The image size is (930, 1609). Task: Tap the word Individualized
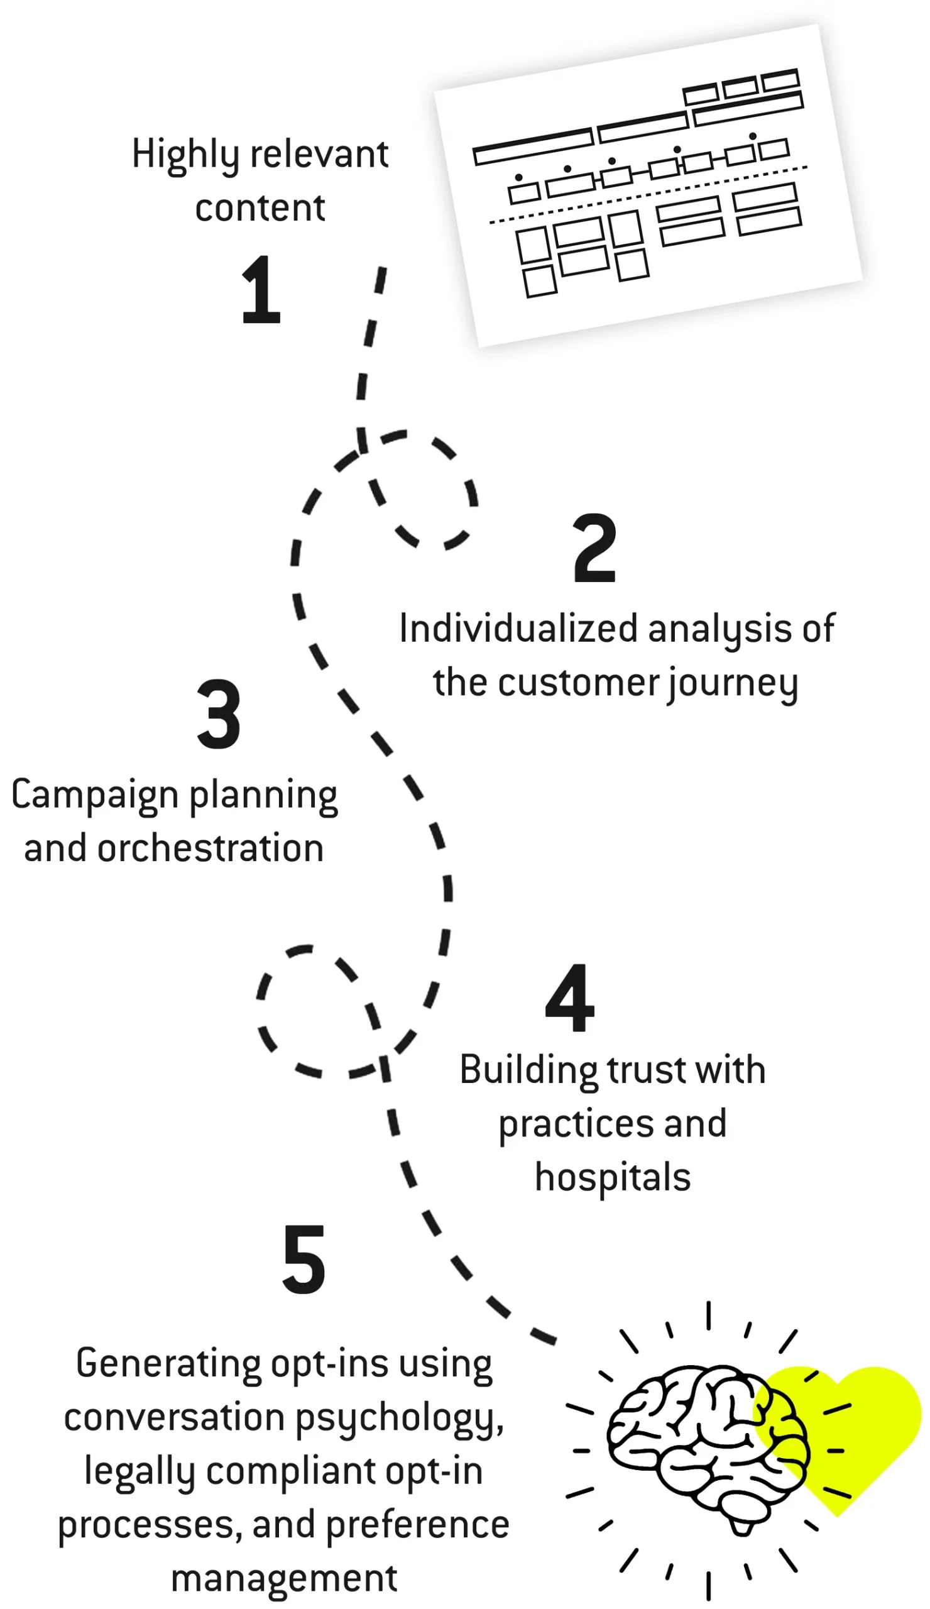pyautogui.click(x=518, y=629)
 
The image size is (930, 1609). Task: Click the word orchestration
pyautogui.click(x=210, y=848)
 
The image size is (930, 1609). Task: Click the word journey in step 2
pyautogui.click(x=731, y=684)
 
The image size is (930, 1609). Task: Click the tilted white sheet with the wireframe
pyautogui.click(x=648, y=185)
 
